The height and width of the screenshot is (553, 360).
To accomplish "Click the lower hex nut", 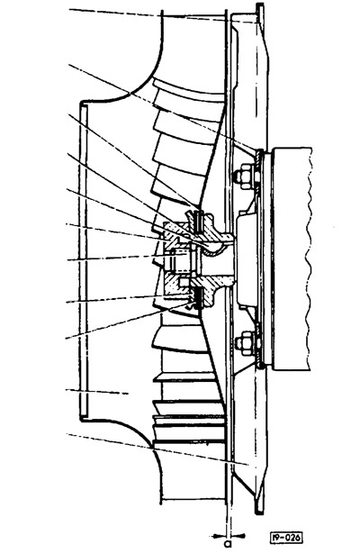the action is click(x=243, y=343).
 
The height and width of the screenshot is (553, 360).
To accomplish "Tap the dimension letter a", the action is click(x=228, y=542).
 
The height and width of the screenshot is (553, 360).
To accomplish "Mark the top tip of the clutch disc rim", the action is click(x=260, y=5).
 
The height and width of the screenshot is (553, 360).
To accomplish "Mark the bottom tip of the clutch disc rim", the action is click(x=259, y=512).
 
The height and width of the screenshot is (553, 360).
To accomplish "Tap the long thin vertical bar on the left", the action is click(x=84, y=260).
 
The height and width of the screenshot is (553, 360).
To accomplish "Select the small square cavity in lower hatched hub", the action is click(x=184, y=282).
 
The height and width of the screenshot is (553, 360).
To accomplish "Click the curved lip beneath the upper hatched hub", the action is click(x=213, y=249).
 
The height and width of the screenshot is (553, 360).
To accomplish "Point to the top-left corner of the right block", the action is click(x=274, y=148).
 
